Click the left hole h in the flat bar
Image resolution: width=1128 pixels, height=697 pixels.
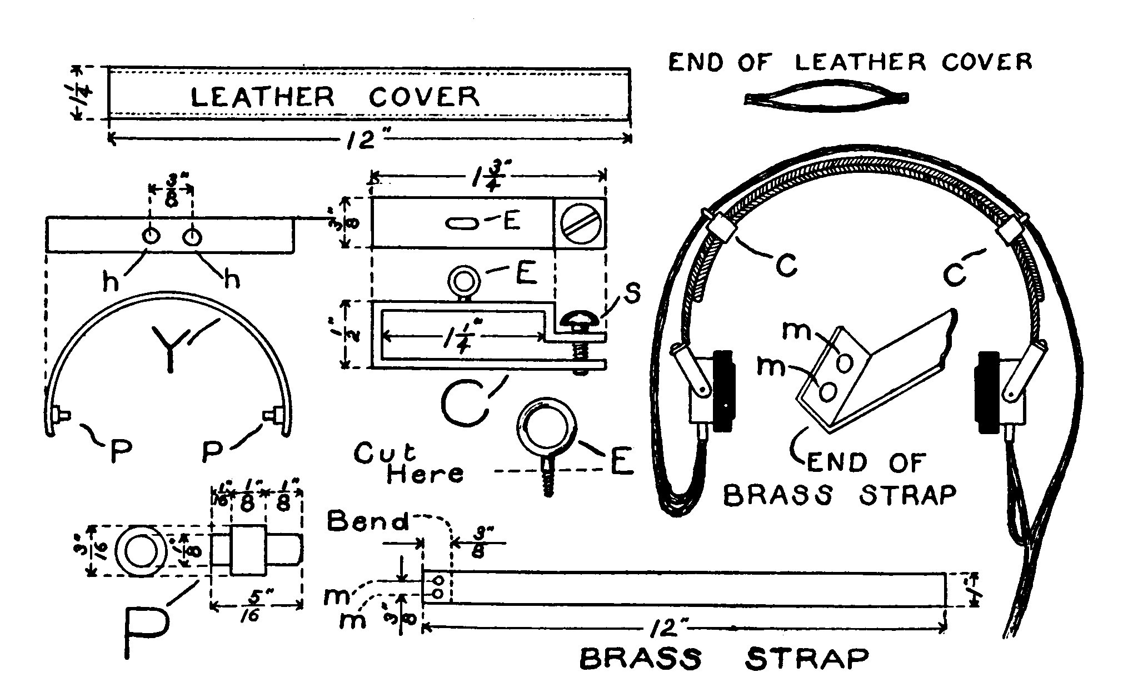click(x=150, y=236)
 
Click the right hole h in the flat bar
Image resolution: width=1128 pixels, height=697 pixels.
click(x=193, y=236)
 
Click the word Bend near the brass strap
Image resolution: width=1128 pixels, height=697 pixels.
click(x=367, y=522)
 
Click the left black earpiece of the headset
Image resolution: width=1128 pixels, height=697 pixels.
click(x=723, y=390)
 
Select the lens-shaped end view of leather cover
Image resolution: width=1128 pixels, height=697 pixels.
click(x=826, y=98)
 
